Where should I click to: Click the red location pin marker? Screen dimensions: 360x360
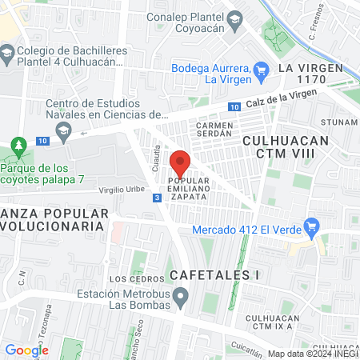point(180,163)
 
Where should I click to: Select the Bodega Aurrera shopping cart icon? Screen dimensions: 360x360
point(261,70)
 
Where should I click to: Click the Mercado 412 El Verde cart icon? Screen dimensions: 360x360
point(313,230)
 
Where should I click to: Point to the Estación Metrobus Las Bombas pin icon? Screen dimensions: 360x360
point(182,301)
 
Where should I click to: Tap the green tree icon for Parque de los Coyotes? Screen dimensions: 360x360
point(17,148)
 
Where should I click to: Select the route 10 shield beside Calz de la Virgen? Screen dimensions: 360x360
point(233,107)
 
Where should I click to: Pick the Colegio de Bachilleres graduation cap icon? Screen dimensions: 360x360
point(7,54)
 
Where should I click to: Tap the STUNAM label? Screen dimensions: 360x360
point(337,122)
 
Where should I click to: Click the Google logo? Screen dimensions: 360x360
point(26,350)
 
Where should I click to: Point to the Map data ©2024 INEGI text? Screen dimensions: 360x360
point(313,354)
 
